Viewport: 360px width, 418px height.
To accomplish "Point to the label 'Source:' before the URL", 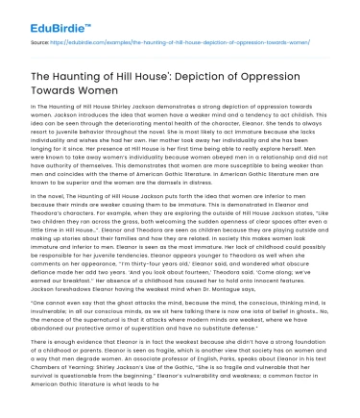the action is click(40, 42).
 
